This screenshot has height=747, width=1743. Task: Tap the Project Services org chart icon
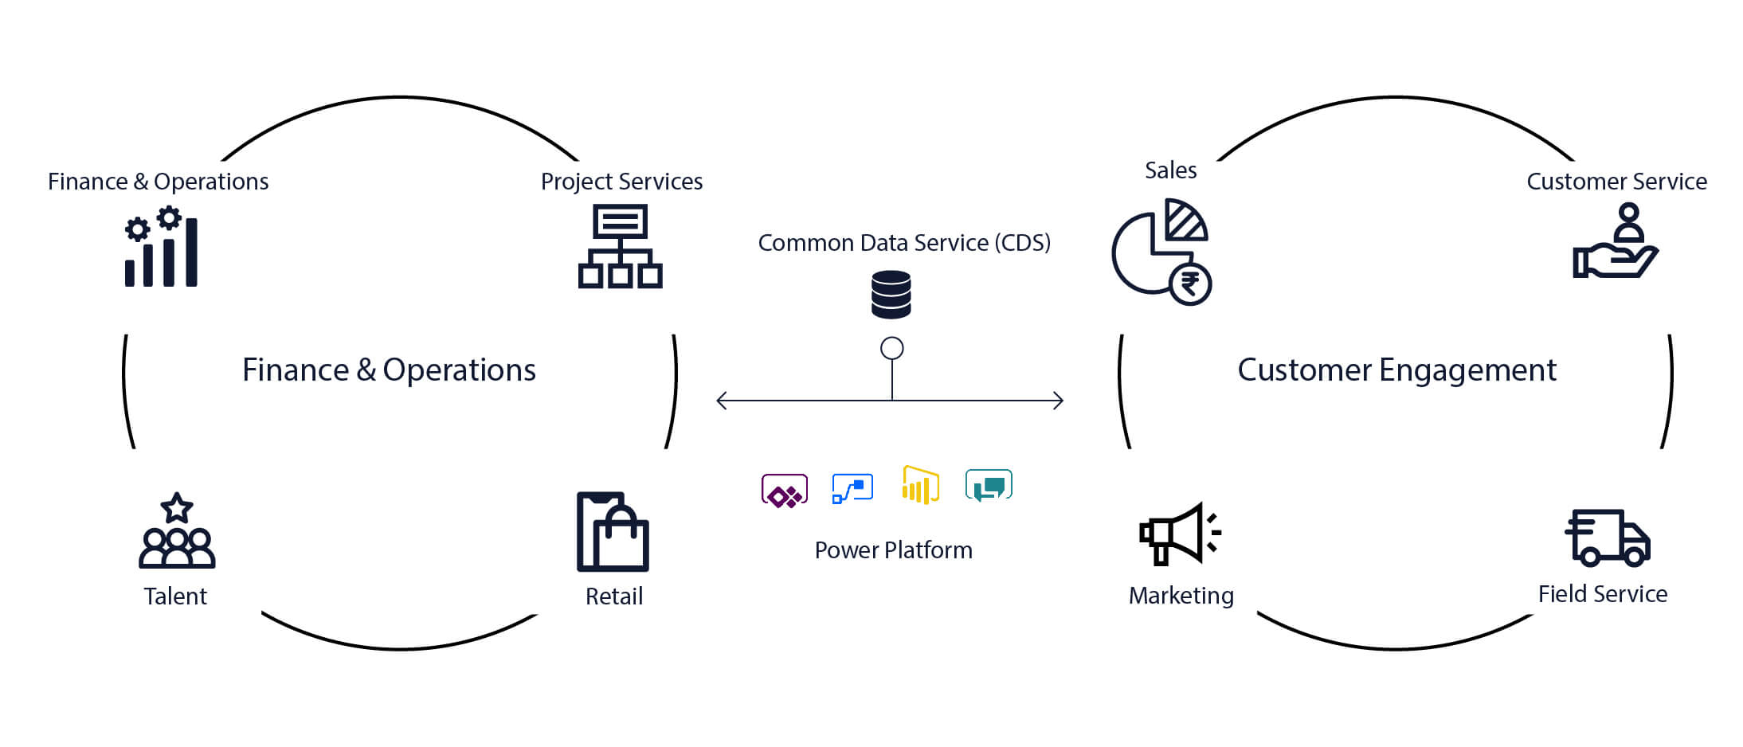tap(620, 246)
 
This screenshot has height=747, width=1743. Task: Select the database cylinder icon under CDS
tap(891, 295)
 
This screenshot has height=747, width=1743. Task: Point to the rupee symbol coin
tap(1190, 284)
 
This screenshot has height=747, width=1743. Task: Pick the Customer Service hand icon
tap(1615, 242)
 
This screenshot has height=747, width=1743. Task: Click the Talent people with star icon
tap(177, 531)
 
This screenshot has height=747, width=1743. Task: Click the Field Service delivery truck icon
tap(1608, 538)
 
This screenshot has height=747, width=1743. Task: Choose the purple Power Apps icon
tap(785, 491)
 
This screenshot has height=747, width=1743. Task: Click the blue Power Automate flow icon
tap(852, 488)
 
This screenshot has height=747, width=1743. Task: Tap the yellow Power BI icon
tap(920, 485)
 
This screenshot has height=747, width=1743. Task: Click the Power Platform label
tap(893, 550)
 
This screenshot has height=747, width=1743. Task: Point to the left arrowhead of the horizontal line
tap(720, 401)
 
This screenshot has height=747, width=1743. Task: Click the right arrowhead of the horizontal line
tap(1060, 401)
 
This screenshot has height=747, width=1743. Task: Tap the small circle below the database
tap(891, 348)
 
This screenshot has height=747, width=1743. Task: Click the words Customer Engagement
tap(1396, 370)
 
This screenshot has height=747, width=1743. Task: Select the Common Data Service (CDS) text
tap(904, 243)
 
